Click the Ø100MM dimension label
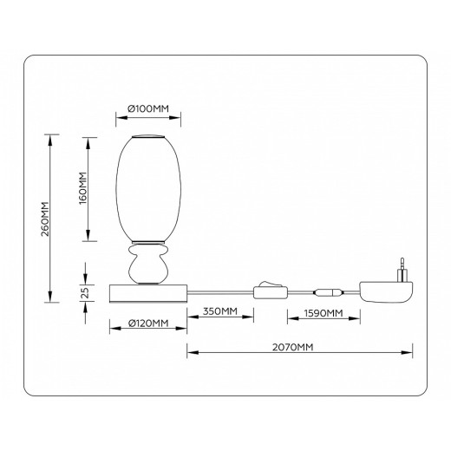[147, 108]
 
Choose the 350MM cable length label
[220, 311]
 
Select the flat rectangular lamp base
[147, 292]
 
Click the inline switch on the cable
[267, 290]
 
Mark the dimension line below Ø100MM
[147, 120]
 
